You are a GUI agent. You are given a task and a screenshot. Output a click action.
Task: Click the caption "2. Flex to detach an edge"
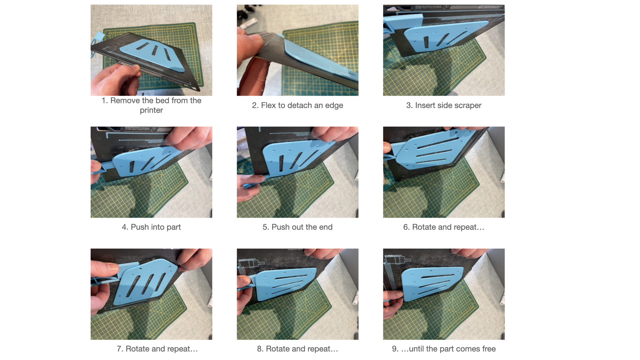click(297, 105)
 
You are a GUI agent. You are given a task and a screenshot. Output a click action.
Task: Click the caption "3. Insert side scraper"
click(444, 105)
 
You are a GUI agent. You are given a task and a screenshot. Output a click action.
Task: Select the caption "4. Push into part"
click(151, 227)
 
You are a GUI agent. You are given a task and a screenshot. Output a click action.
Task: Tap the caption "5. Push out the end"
click(297, 227)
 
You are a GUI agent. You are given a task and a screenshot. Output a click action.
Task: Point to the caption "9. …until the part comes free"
click(444, 349)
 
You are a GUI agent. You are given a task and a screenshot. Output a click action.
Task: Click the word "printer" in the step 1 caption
click(151, 110)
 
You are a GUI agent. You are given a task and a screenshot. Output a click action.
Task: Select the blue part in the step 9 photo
click(433, 283)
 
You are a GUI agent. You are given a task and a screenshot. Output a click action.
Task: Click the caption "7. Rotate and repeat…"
click(157, 349)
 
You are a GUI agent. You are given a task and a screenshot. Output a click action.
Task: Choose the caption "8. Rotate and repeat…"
click(297, 349)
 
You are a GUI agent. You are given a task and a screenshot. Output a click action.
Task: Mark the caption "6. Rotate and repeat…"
click(444, 227)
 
